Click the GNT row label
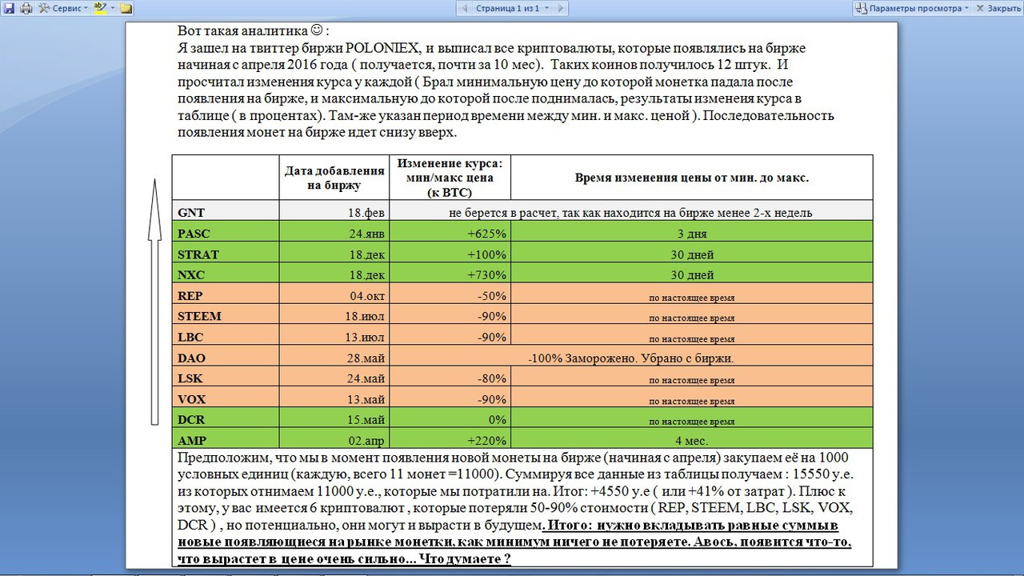[x=191, y=213]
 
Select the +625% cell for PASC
[x=487, y=234]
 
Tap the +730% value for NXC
[x=487, y=275]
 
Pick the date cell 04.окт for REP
[x=367, y=296]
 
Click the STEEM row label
[x=199, y=316]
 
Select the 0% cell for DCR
[x=497, y=420]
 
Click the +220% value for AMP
[x=487, y=440]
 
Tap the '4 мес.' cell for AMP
[x=691, y=440]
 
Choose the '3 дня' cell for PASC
[x=691, y=234]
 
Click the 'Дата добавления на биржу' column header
[x=334, y=178]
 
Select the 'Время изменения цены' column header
[x=691, y=178]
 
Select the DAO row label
[x=192, y=358]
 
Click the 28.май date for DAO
[x=366, y=358]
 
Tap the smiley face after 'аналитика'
[x=316, y=30]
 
